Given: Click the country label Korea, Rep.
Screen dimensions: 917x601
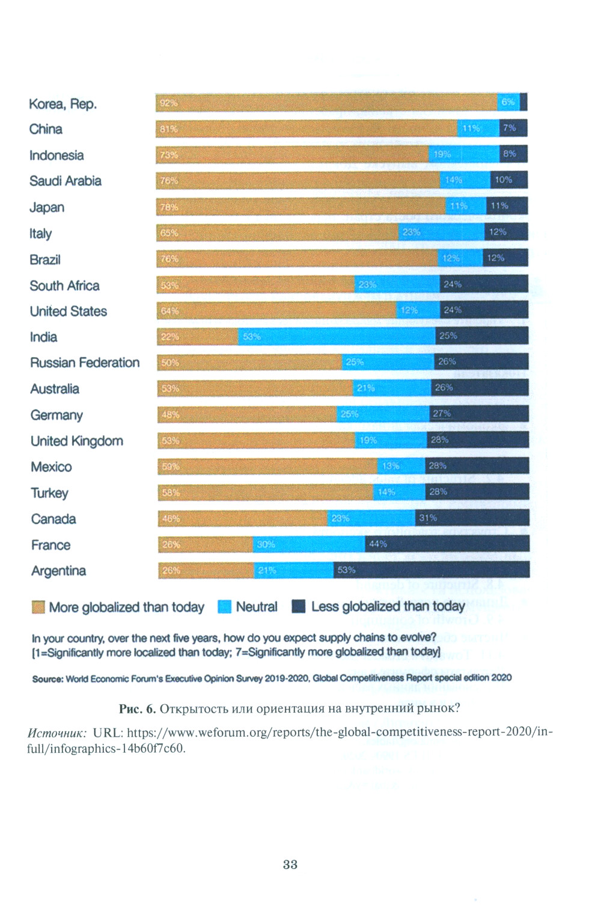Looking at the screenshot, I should [x=63, y=104].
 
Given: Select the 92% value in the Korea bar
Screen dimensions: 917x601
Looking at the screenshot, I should [x=168, y=103].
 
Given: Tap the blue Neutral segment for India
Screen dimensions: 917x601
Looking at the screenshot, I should [x=337, y=337].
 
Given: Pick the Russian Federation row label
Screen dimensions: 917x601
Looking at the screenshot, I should [x=85, y=363].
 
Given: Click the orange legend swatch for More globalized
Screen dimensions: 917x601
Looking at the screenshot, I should [x=38, y=607].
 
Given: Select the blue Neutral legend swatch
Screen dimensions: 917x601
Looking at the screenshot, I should [x=225, y=607].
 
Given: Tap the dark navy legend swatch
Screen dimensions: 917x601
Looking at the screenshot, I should [x=299, y=606].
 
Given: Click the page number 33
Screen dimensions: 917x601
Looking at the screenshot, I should [x=290, y=864].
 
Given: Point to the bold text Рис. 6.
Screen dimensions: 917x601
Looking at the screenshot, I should [x=137, y=708].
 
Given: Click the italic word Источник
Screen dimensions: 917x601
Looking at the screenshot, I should [x=57, y=732].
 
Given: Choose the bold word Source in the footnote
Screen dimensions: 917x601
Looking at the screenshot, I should [x=47, y=679].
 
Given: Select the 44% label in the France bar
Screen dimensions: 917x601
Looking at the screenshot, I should [x=378, y=544].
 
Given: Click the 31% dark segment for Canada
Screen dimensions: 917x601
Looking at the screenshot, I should [x=472, y=518].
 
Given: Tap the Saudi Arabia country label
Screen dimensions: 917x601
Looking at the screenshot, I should [x=66, y=181].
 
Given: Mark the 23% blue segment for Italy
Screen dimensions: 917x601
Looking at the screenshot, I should [x=442, y=232].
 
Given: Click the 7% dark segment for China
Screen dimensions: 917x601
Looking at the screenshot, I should [x=513, y=128].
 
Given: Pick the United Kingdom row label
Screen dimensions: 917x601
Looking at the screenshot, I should [x=77, y=441].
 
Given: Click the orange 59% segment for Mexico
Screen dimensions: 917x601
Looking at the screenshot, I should [x=268, y=466].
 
